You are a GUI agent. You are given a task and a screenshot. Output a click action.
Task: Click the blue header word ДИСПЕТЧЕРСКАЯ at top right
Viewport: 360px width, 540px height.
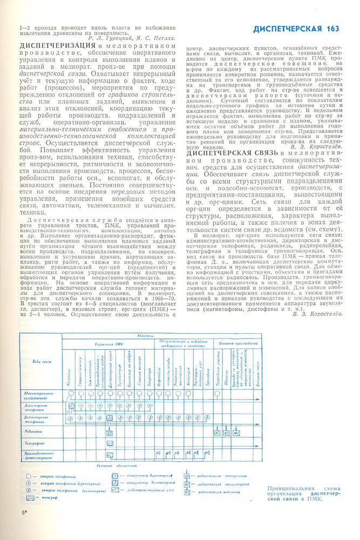[x=288, y=28]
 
